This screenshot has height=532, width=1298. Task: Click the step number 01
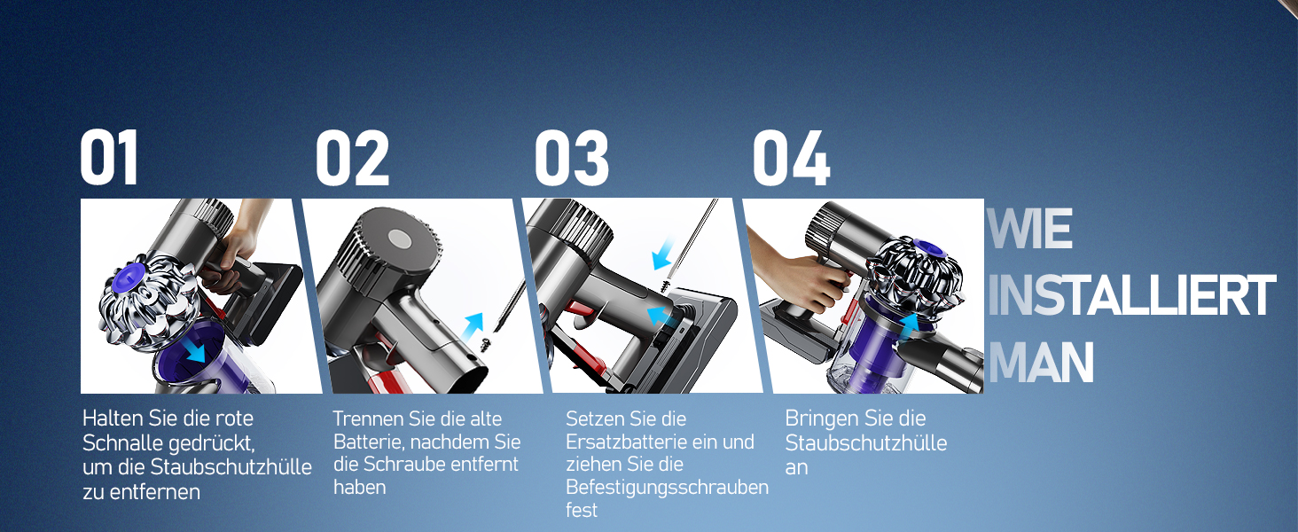(x=110, y=158)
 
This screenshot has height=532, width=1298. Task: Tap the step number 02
(x=352, y=158)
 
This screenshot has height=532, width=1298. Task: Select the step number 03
(x=572, y=158)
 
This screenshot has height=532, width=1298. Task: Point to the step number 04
(x=791, y=158)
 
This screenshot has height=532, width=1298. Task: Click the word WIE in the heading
(x=1029, y=230)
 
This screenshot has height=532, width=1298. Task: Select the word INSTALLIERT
(x=1130, y=297)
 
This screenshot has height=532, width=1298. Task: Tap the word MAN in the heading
(x=1040, y=363)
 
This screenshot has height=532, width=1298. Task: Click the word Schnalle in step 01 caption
(x=119, y=442)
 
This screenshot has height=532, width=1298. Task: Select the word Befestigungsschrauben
(x=667, y=488)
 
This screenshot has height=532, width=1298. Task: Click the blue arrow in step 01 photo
(x=192, y=351)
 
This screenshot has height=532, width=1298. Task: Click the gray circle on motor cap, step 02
(x=398, y=240)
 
